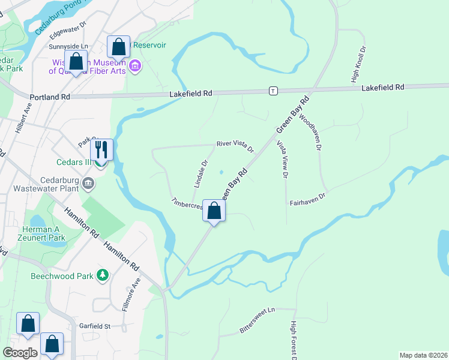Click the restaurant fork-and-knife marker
coord(101,149)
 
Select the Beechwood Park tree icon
coord(103,275)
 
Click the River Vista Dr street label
coord(235,146)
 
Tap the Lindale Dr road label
coord(201,172)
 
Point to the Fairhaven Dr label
coord(307,196)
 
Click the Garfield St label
coord(95,326)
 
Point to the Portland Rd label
coord(49,97)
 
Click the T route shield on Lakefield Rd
coord(273,91)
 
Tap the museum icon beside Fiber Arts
coord(134,65)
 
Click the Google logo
coord(20,353)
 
